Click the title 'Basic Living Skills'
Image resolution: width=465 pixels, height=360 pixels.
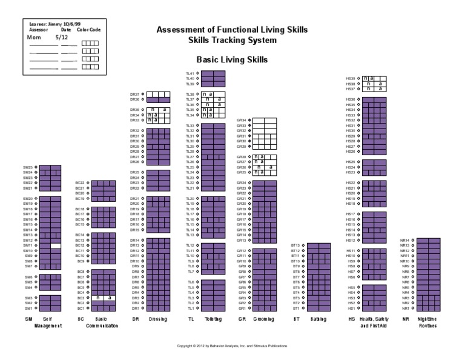[232, 60]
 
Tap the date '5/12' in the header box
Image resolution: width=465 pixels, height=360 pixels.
[62, 37]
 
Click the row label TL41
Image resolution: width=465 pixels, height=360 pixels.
[190, 73]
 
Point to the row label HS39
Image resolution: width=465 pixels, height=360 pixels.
[351, 78]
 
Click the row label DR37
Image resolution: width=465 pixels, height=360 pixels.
[135, 95]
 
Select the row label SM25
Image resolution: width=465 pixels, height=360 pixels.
[28, 167]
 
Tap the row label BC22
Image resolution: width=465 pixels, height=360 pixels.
[80, 182]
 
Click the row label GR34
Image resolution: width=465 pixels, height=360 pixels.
[241, 120]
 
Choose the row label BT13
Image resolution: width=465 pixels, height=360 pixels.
[295, 245]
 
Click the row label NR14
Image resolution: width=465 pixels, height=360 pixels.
[405, 239]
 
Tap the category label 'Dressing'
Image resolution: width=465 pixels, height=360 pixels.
[157, 319]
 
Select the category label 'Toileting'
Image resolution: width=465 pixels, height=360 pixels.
[213, 319]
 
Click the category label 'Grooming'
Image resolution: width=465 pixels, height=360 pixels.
[263, 319]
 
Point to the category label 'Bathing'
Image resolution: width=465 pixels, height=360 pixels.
[318, 319]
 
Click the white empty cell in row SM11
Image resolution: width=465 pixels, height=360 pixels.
[55, 245]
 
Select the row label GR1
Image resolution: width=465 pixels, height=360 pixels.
[242, 308]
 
